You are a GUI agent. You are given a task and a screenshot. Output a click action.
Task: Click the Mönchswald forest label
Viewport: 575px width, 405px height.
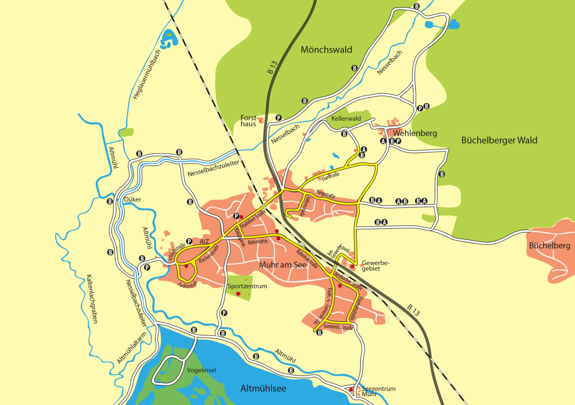tap(326, 50)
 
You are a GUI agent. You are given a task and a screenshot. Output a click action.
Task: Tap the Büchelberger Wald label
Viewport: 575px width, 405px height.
tap(499, 140)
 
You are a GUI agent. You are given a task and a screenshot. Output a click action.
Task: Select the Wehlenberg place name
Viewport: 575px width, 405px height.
tap(415, 133)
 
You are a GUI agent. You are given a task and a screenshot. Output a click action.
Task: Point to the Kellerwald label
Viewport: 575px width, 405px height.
tap(346, 119)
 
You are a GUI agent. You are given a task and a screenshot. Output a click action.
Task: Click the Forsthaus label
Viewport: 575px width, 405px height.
tap(249, 121)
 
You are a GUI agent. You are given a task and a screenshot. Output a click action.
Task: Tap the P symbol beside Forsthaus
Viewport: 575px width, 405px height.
tap(278, 118)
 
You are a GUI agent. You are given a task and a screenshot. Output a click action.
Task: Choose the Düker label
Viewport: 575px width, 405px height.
tap(133, 199)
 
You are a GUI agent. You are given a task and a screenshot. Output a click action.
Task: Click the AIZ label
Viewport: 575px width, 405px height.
tap(204, 242)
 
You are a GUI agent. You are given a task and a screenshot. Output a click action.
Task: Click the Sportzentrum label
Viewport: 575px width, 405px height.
tap(247, 286)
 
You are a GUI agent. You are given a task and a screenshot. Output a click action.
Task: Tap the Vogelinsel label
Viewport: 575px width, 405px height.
tap(201, 370)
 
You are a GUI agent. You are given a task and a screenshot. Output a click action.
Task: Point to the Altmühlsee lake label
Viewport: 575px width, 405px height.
tap(263, 389)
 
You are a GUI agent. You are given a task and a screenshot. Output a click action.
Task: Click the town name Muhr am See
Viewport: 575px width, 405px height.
tap(283, 265)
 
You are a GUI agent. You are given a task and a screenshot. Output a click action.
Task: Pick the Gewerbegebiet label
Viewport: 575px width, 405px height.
tap(375, 266)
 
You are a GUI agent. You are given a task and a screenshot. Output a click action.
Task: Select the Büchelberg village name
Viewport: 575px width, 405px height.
tap(549, 246)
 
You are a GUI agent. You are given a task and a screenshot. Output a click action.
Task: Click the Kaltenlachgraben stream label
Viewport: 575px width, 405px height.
tap(92, 299)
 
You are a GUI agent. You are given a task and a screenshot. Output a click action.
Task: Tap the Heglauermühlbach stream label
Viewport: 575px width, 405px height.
tap(147, 74)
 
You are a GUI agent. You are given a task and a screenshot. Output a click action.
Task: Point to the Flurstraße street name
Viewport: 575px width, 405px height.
tap(331, 177)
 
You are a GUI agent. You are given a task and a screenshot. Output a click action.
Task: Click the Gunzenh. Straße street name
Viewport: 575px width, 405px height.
tap(338, 327)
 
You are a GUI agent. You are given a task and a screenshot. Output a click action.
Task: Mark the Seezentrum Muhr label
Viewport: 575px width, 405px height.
tap(378, 391)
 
